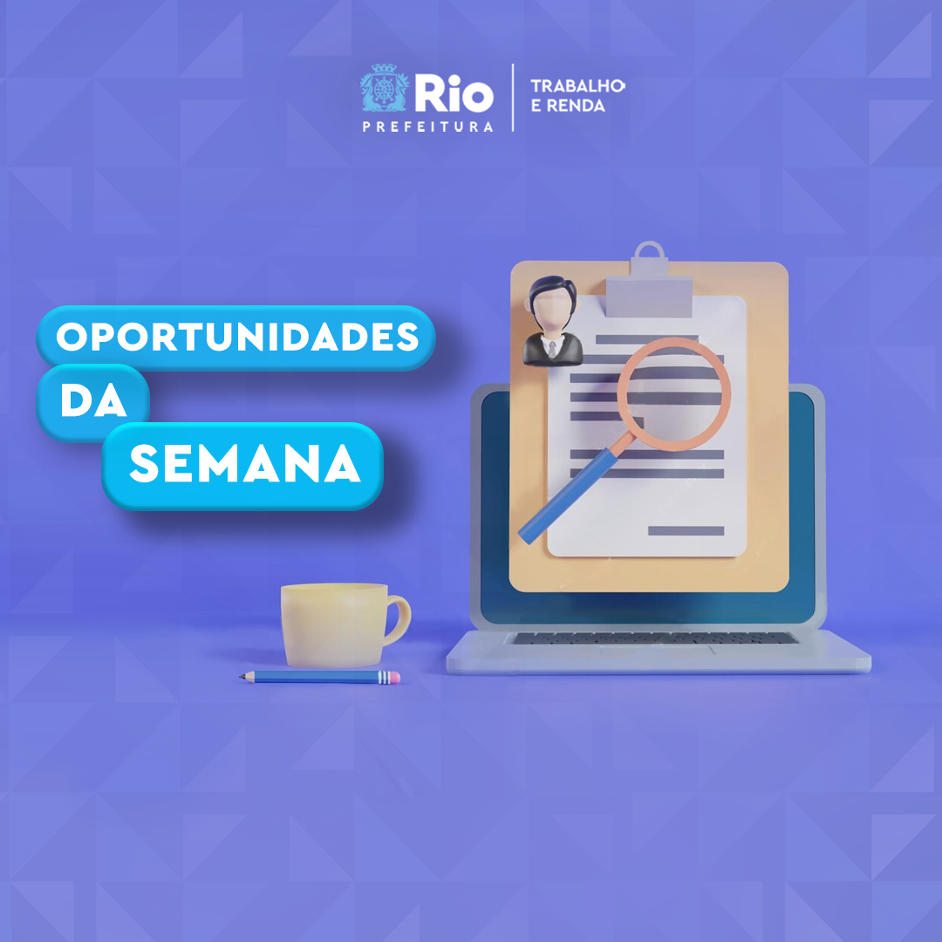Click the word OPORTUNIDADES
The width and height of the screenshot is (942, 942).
[237, 337]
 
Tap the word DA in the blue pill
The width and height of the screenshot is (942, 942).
[93, 400]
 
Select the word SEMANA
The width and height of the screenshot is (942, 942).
[245, 463]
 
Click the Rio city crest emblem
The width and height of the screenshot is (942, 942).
[385, 88]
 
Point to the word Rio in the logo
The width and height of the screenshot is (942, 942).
[454, 93]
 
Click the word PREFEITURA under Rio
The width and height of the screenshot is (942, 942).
[427, 126]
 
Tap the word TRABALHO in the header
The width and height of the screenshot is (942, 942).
[577, 85]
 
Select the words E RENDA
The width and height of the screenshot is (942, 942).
[568, 106]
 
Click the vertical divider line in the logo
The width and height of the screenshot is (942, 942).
[513, 98]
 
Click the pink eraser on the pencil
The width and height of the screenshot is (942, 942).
[394, 678]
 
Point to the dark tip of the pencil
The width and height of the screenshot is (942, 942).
[242, 677]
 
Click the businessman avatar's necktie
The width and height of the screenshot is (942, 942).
[551, 351]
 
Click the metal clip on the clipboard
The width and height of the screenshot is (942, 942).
[649, 284]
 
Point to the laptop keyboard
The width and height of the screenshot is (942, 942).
[655, 638]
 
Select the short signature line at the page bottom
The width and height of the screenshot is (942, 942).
[686, 530]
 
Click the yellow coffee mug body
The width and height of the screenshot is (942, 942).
[334, 625]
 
